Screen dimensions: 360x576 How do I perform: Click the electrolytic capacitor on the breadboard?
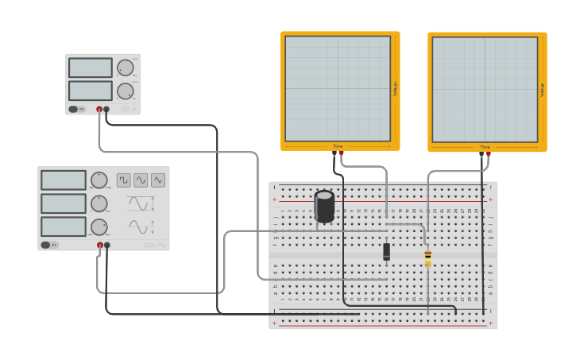(324, 206)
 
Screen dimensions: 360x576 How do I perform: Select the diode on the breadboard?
(386, 251)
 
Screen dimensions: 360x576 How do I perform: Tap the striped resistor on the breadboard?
(427, 258)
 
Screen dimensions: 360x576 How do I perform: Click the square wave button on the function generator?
(124, 180)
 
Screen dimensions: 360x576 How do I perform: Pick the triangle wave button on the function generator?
(158, 180)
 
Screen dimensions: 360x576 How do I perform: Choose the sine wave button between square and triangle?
(141, 180)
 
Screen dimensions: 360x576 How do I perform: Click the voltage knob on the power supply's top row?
(125, 68)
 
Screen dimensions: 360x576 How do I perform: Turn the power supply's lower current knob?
(125, 91)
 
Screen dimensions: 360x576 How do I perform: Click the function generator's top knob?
(99, 180)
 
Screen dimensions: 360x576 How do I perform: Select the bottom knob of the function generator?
(99, 226)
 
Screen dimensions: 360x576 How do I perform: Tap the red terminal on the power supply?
(99, 110)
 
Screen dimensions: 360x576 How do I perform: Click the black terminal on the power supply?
(106, 110)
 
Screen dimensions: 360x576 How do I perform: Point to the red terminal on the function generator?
(100, 246)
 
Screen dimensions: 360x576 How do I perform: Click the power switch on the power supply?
(74, 110)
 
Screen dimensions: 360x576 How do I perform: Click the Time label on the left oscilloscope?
(338, 146)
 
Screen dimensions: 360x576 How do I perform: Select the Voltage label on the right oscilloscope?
(542, 90)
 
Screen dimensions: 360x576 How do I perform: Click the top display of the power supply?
(90, 68)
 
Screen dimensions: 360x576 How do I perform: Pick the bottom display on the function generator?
(64, 226)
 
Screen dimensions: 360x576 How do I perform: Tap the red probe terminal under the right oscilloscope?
(488, 155)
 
